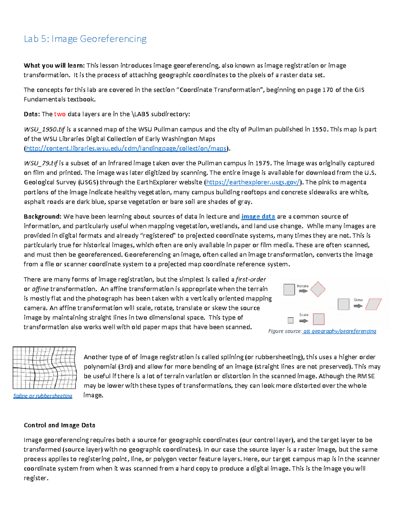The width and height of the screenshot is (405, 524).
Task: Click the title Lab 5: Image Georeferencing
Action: pos(85,39)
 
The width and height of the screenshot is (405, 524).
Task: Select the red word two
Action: pos(60,114)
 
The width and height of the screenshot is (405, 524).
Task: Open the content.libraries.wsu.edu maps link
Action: pos(126,148)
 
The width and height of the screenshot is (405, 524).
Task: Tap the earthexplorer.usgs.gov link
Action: pos(252,182)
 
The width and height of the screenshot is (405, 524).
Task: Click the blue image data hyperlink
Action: pos(258,217)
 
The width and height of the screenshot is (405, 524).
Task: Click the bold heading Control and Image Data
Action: pos(59,425)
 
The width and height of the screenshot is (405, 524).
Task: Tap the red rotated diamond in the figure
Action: pos(318,289)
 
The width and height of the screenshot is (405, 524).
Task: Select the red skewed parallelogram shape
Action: pos(373,304)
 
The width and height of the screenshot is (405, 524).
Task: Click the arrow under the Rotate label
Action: pos(303,291)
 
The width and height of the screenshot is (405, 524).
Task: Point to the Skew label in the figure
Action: pos(358,300)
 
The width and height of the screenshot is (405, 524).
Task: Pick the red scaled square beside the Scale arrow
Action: pos(319,319)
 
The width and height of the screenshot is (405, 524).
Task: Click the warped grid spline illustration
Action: pos(44,368)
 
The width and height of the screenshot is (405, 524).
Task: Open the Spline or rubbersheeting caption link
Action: pos(43,396)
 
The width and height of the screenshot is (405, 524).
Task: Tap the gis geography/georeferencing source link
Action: pos(340,331)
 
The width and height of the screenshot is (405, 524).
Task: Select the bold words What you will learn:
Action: pos(54,65)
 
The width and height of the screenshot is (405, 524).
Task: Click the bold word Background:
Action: pos(43,217)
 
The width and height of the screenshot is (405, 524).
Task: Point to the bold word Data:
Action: pos(32,114)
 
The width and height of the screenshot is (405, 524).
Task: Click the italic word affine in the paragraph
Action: pos(40,289)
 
